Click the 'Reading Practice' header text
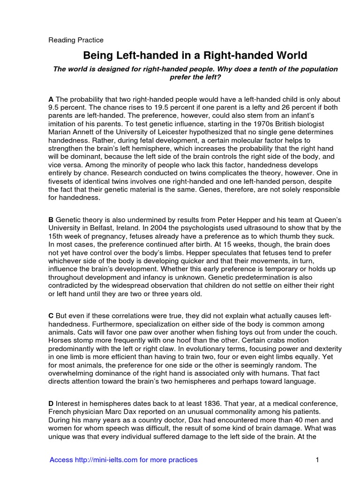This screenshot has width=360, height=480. [x=76, y=40]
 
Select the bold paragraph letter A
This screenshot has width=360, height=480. [x=51, y=99]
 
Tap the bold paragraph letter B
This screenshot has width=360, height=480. [x=51, y=219]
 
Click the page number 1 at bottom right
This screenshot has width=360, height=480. [x=317, y=460]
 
